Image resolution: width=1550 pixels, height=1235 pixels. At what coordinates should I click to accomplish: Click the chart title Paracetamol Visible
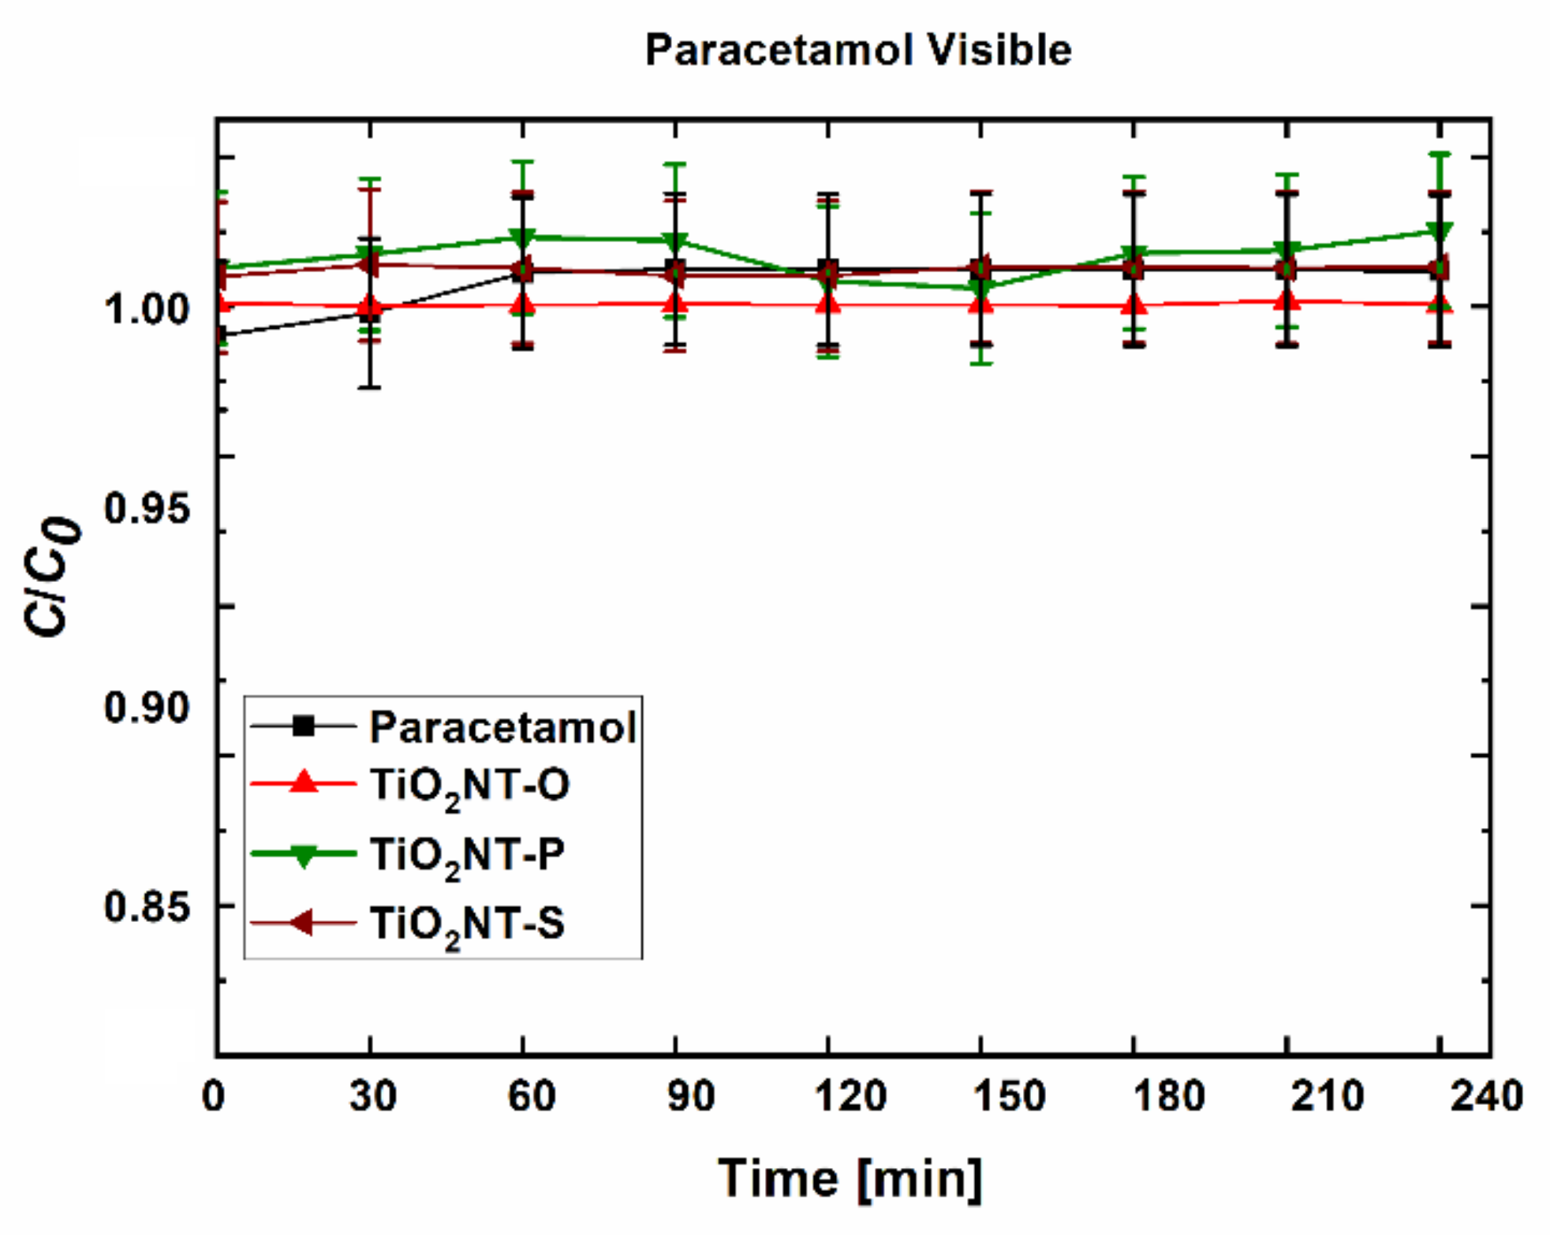click(857, 50)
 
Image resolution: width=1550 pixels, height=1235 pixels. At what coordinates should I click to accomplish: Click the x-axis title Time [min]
click(850, 1180)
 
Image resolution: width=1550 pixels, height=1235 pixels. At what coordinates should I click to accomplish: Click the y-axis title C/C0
click(53, 577)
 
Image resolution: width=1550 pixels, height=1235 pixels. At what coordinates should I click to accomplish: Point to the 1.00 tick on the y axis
click(148, 308)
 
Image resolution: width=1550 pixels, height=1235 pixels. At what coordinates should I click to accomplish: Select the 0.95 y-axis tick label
click(148, 508)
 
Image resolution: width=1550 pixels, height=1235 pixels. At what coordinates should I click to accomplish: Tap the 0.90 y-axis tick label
click(148, 707)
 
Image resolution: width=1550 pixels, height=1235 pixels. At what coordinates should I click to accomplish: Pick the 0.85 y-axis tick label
click(148, 907)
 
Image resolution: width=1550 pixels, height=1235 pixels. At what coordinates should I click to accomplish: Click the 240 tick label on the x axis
click(1486, 1096)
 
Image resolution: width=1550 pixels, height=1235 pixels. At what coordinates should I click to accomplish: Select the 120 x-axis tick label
click(850, 1096)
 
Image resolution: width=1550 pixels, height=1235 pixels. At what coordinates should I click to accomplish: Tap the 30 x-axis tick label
click(372, 1096)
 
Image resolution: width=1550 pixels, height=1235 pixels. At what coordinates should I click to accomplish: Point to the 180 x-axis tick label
click(1168, 1096)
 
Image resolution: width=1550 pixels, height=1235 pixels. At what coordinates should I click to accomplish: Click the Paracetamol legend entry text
click(502, 727)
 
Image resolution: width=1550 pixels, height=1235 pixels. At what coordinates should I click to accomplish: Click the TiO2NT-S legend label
click(467, 924)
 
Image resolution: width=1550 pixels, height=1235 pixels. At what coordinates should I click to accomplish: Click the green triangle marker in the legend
click(304, 855)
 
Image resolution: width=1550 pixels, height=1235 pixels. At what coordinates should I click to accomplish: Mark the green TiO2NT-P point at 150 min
click(980, 289)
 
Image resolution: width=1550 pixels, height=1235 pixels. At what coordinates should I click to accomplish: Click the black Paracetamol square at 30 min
click(370, 313)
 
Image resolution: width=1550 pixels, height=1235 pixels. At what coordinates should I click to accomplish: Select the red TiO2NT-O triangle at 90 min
click(675, 303)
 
